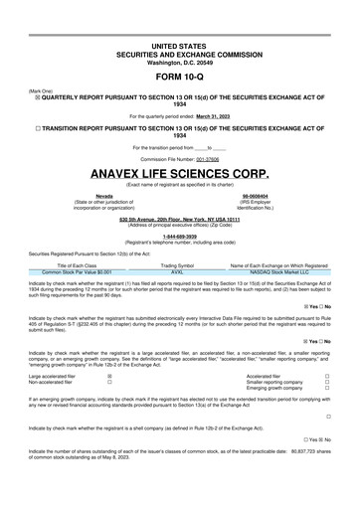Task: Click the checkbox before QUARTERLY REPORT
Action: pos(38,96)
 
